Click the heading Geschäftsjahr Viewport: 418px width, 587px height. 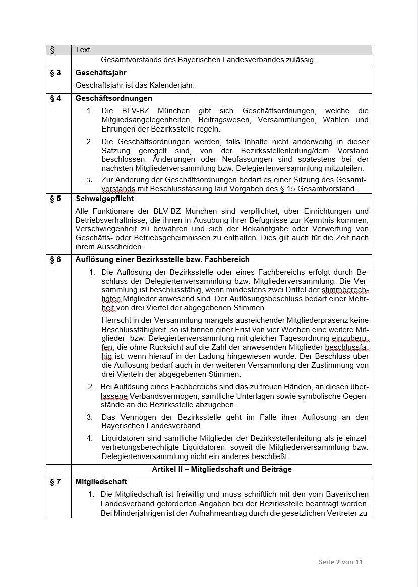click(101, 73)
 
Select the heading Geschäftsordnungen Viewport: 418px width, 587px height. click(113, 98)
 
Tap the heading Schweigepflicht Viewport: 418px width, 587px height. click(104, 199)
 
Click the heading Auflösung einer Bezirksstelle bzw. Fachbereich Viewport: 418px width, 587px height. click(162, 259)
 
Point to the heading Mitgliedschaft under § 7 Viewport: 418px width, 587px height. click(101, 482)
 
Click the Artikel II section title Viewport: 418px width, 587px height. click(222, 469)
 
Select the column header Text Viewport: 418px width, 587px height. click(83, 50)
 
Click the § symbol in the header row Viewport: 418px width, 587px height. click(52, 50)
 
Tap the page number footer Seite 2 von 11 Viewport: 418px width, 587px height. click(340, 562)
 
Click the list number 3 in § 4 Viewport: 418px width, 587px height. click(89, 180)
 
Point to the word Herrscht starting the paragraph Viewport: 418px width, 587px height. click(116, 319)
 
